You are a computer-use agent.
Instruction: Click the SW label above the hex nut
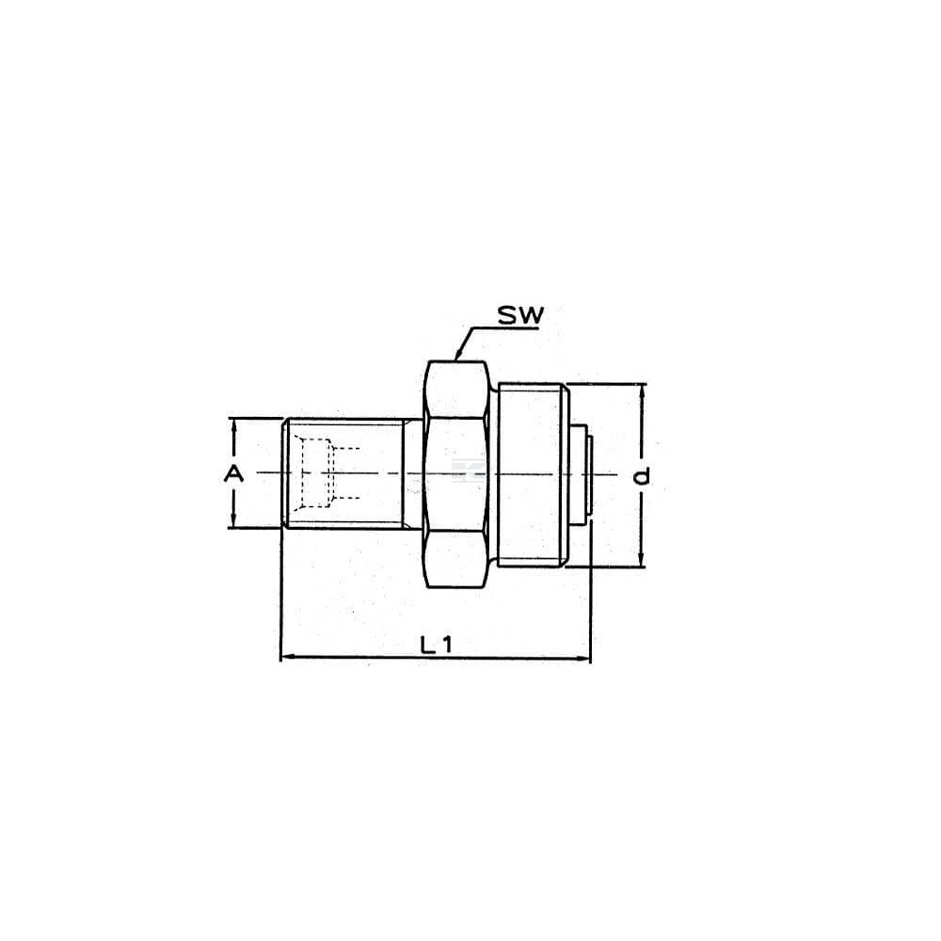[520, 314]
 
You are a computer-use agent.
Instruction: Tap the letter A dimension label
[234, 474]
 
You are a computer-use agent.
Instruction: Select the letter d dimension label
[642, 476]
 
